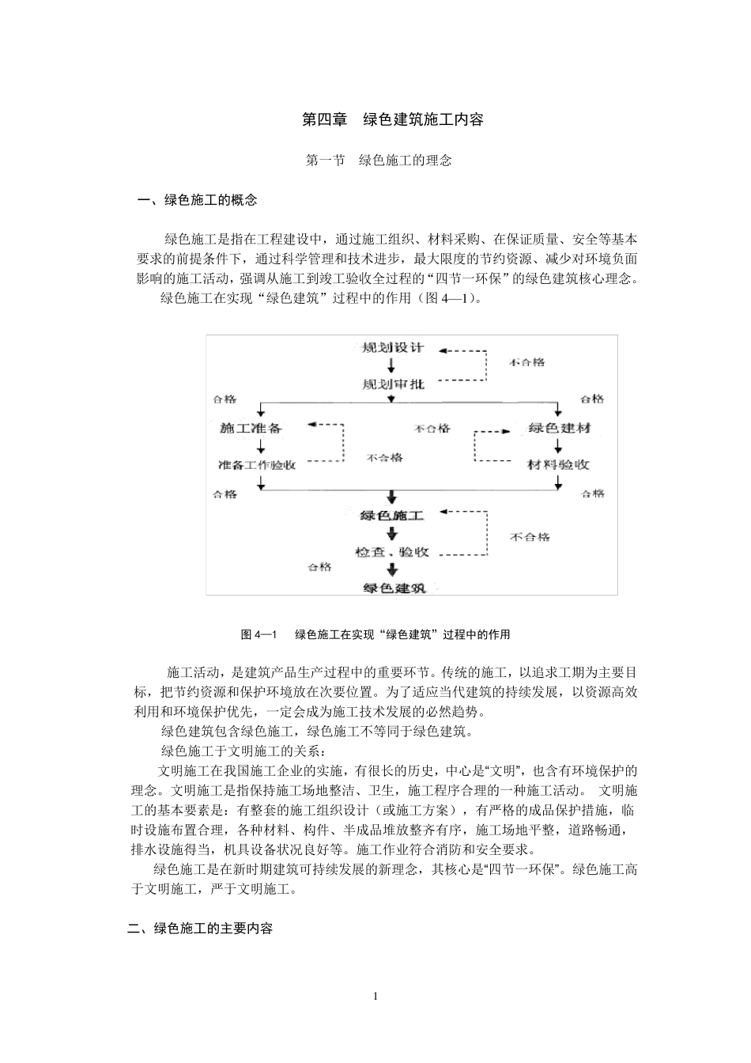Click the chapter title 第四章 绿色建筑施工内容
point(393,120)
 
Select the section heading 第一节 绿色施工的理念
point(379,161)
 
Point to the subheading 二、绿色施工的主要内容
point(200,929)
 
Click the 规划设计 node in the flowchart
point(392,347)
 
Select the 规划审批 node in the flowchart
point(392,384)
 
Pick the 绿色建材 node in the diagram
point(559,428)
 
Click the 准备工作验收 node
point(256,465)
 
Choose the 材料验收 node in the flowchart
point(559,465)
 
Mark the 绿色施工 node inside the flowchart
point(392,516)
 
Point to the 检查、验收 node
point(392,552)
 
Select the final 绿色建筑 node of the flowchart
point(393,588)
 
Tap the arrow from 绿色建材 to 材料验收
point(559,446)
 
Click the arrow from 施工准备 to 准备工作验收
point(261,446)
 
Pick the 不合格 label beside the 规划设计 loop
point(526,362)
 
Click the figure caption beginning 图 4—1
point(375,634)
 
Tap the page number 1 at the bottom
point(375,996)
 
